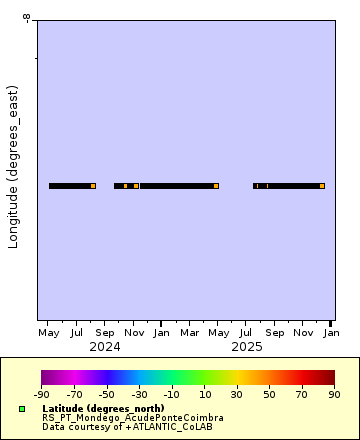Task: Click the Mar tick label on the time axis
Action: click(x=189, y=332)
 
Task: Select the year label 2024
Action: click(x=105, y=346)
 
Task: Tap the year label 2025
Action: click(x=246, y=346)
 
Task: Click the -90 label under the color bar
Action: click(x=42, y=394)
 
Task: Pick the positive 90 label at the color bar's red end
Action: click(x=334, y=394)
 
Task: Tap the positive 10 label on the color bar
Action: click(x=205, y=394)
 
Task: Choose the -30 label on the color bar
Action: click(x=139, y=394)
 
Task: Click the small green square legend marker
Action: click(x=21, y=409)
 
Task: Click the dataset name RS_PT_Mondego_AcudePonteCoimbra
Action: click(x=133, y=418)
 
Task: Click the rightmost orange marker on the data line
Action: click(x=322, y=186)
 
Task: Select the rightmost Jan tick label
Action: click(x=330, y=332)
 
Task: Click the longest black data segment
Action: click(x=177, y=186)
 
